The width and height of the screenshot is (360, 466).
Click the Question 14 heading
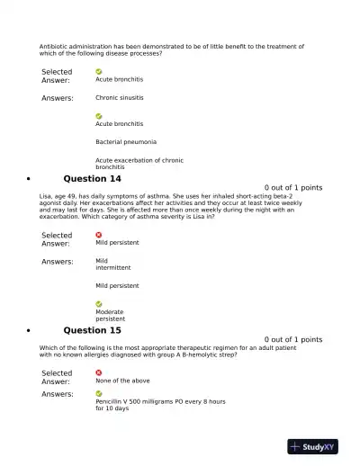click(x=92, y=179)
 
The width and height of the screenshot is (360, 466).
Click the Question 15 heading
click(x=92, y=330)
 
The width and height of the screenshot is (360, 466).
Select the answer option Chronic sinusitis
click(x=119, y=97)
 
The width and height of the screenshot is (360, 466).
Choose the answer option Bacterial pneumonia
click(x=126, y=142)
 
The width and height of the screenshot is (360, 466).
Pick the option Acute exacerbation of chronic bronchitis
click(x=139, y=164)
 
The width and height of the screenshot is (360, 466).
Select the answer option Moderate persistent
click(x=110, y=315)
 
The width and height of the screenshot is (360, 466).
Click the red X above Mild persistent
click(x=99, y=234)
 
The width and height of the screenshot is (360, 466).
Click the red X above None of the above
click(x=99, y=372)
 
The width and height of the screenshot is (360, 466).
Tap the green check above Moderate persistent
click(x=99, y=304)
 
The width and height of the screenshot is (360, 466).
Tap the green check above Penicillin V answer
click(x=99, y=393)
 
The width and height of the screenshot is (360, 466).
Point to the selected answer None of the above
click(x=122, y=381)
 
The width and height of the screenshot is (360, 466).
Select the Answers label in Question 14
click(x=58, y=262)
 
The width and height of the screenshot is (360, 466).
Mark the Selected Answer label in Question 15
click(x=57, y=377)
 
